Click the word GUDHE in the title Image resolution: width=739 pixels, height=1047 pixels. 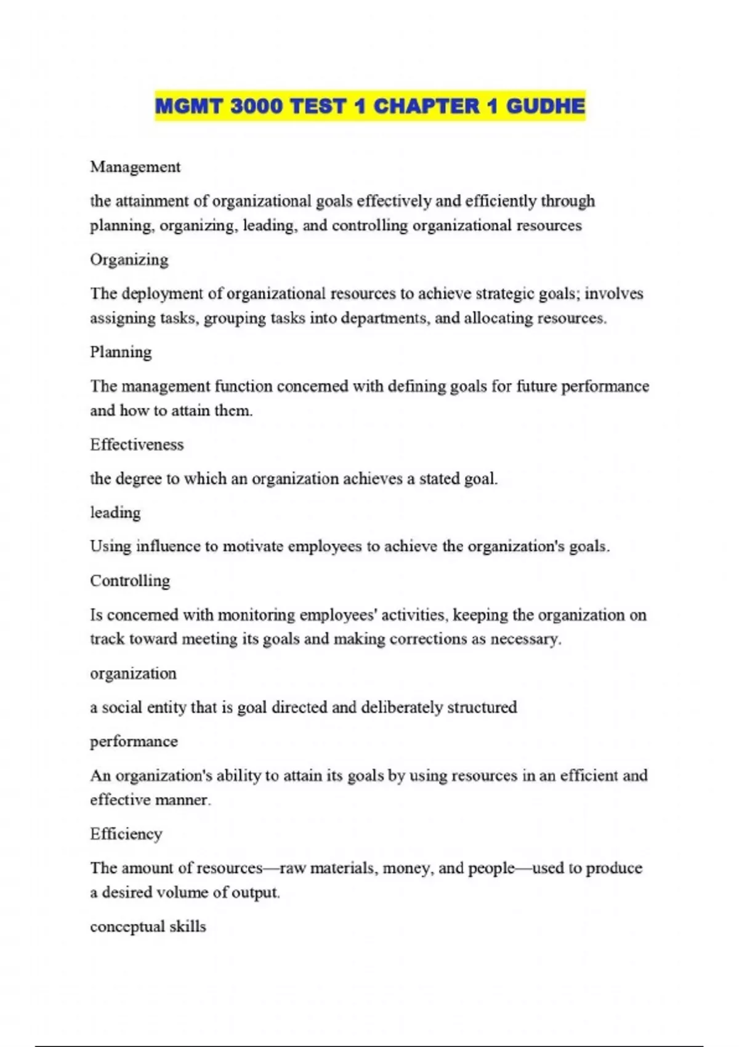click(545, 106)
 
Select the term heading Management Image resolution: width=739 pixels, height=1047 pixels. click(135, 167)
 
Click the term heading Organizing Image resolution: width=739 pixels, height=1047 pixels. click(129, 259)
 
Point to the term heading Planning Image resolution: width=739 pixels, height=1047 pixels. click(120, 352)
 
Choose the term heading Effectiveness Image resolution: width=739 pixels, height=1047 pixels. click(136, 445)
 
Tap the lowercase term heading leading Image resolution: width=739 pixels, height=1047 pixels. click(115, 512)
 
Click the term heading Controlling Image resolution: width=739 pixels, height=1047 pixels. click(129, 581)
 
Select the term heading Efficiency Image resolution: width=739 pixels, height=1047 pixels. click(126, 834)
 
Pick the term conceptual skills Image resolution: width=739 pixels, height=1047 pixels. click(148, 926)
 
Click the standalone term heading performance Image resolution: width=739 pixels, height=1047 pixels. click(134, 742)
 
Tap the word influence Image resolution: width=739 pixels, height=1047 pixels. click(169, 546)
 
